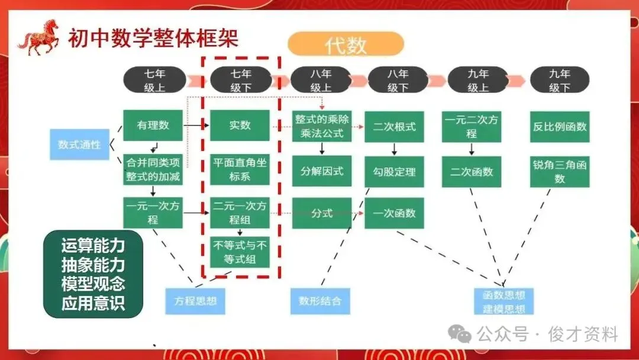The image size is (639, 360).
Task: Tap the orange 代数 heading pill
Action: coord(346,44)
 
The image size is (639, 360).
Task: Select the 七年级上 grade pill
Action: coord(154,80)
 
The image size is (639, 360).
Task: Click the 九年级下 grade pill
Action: coord(559,80)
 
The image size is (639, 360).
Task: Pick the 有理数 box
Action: coord(153,126)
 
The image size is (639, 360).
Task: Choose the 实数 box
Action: coord(240,126)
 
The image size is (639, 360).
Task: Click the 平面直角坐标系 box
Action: coord(240,170)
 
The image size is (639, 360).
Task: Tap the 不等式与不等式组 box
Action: coord(240,252)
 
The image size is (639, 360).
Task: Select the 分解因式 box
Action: coord(322,171)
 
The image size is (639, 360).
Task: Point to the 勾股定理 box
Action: coord(394,172)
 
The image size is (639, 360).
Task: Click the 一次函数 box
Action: coord(394,213)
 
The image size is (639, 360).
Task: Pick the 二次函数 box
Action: coord(471,172)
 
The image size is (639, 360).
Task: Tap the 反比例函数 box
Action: coord(559,126)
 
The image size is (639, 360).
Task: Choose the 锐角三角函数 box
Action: coord(559,172)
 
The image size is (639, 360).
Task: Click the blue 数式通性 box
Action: coord(79,144)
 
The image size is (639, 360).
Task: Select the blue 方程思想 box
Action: coord(195,301)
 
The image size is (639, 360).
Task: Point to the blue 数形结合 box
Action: coord(320,301)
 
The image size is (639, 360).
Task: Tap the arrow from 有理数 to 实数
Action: coord(196,126)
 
